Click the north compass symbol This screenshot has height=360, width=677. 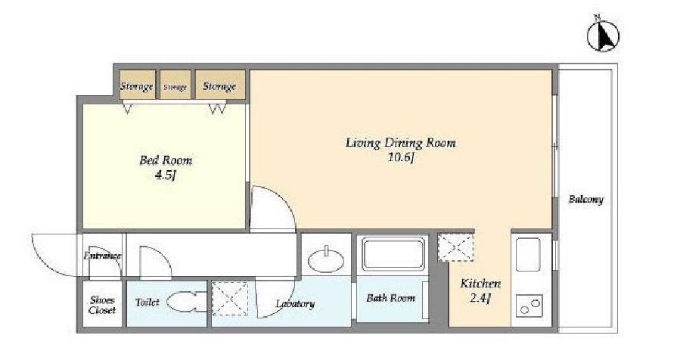(x=603, y=35)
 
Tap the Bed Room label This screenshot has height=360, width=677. (x=166, y=160)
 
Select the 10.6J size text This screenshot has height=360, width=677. (x=401, y=157)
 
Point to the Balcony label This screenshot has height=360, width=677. (x=586, y=200)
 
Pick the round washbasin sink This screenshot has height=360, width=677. (x=326, y=260)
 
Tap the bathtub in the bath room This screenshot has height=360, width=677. (x=393, y=254)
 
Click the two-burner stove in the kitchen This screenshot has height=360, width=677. (x=529, y=306)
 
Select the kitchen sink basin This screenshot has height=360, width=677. (x=528, y=255)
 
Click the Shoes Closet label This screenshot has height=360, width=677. (x=102, y=305)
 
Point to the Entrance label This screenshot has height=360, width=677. (x=102, y=256)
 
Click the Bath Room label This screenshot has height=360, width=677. (x=391, y=298)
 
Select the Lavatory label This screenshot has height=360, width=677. (x=295, y=304)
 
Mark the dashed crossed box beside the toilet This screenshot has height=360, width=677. (x=231, y=299)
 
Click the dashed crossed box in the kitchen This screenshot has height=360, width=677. (x=456, y=248)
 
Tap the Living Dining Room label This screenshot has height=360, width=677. (x=401, y=143)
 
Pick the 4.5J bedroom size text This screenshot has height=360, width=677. (x=166, y=175)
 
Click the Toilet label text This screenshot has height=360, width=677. (x=148, y=303)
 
